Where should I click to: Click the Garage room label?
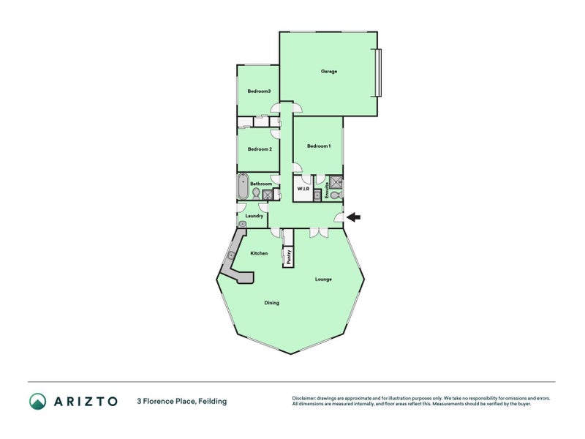click(328, 71)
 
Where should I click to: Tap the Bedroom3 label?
click(259, 91)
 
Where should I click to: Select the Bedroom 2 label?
click(260, 149)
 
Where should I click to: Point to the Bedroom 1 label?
click(319, 146)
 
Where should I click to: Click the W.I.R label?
click(303, 190)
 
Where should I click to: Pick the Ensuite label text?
click(327, 190)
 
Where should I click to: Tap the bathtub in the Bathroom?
click(243, 186)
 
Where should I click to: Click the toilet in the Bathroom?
click(255, 193)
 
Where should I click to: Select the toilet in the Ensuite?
click(336, 195)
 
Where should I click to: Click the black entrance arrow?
click(353, 217)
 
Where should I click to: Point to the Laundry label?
click(254, 216)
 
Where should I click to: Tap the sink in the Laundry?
click(243, 224)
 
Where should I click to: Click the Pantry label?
click(289, 257)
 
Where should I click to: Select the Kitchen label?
click(259, 253)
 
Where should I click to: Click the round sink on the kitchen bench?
click(232, 255)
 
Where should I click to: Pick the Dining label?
click(271, 303)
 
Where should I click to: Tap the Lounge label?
click(323, 279)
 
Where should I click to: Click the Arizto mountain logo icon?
click(38, 401)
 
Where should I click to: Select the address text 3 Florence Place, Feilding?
click(181, 401)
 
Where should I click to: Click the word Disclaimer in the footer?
click(303, 398)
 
